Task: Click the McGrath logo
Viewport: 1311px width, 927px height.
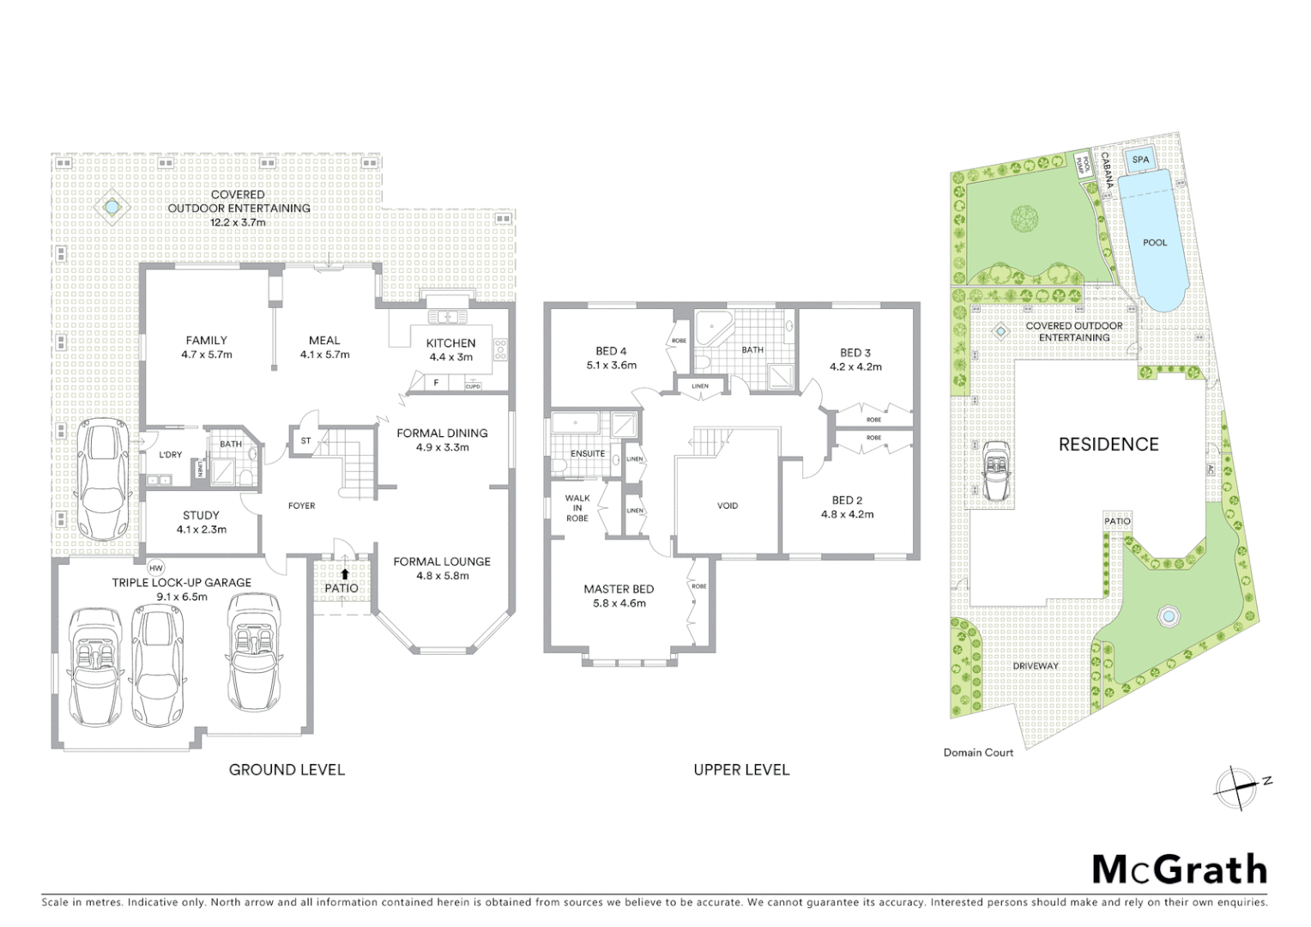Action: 1179,869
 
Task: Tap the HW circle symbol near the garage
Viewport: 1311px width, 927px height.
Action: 155,567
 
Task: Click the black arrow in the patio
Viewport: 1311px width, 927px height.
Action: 344,574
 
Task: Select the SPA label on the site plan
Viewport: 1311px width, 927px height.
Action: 1140,160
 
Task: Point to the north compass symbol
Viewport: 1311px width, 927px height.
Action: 1237,787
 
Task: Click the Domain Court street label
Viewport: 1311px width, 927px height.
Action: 978,753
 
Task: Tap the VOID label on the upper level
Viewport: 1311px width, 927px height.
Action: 728,506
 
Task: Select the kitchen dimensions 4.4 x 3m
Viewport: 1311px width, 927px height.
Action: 450,357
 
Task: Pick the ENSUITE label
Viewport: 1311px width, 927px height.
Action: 588,453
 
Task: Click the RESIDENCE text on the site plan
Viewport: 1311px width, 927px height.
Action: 1109,444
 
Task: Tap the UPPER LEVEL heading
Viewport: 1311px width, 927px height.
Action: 741,770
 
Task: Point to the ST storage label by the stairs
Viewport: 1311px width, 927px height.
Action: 305,441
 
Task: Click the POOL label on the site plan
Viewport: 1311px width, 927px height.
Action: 1155,242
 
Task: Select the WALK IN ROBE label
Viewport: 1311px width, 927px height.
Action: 577,508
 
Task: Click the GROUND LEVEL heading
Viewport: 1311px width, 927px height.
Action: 287,770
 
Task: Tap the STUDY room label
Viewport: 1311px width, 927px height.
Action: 201,515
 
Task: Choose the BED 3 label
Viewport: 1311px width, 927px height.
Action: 855,353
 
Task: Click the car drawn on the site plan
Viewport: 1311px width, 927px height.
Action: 995,471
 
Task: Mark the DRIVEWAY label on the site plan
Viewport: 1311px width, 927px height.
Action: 1036,665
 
